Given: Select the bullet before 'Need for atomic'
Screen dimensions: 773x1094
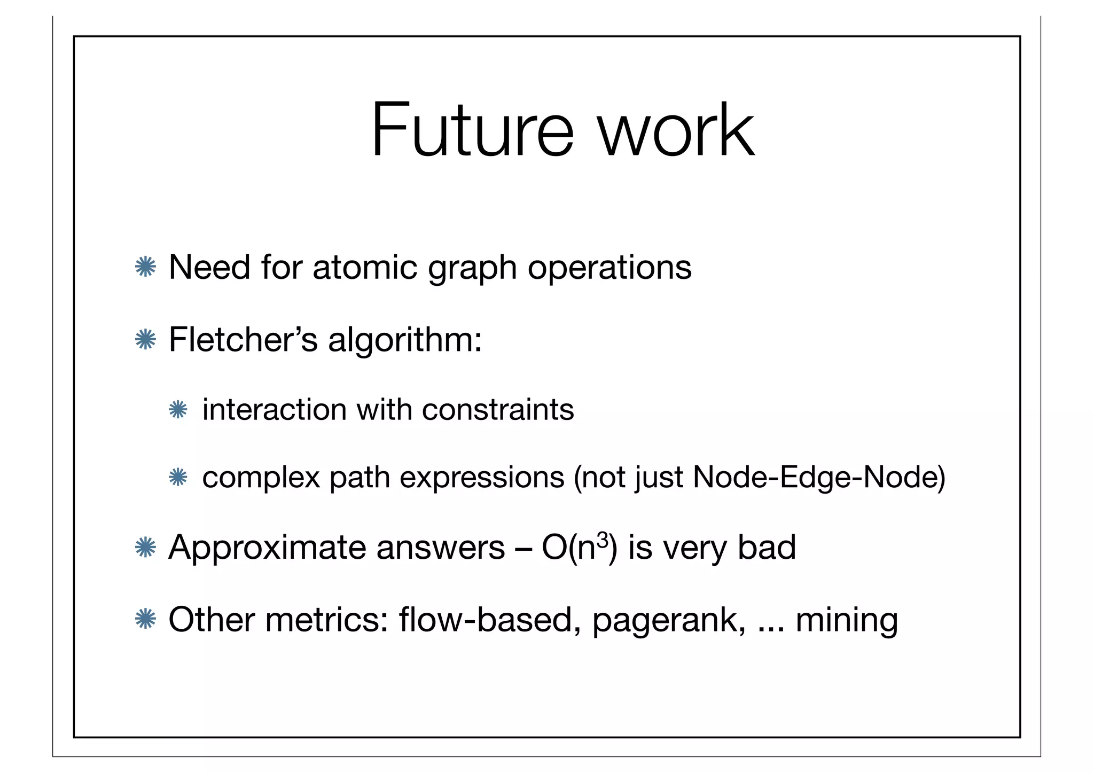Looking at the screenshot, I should [x=145, y=267].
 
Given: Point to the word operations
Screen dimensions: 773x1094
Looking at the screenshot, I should [x=609, y=268].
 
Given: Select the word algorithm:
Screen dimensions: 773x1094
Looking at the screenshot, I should [x=405, y=341].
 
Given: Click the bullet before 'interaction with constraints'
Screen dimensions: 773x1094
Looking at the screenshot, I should [x=177, y=410].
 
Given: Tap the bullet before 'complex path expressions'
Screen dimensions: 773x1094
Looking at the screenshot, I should [x=177, y=477].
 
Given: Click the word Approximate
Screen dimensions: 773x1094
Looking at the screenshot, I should [x=267, y=548].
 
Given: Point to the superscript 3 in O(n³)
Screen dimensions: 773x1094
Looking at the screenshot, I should [x=603, y=540].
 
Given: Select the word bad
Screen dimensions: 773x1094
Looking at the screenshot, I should [x=767, y=548].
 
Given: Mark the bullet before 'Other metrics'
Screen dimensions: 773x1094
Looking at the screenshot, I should [x=145, y=620].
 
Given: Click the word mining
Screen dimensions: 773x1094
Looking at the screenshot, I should [x=847, y=621].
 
